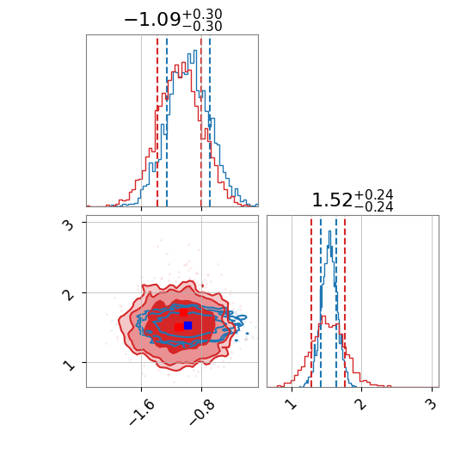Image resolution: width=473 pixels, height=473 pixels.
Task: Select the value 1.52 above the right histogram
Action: click(332, 200)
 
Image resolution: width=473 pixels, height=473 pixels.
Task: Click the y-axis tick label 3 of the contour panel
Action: click(70, 225)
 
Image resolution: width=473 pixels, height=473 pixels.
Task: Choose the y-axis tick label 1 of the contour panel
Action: click(70, 365)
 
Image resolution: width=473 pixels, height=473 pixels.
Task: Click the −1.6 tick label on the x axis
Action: click(142, 412)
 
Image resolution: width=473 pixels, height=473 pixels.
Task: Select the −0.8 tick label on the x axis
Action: click(202, 412)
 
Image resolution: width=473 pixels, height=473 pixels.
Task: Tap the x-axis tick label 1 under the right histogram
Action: click(292, 404)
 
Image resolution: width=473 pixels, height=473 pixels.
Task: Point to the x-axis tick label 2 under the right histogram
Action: click(362, 404)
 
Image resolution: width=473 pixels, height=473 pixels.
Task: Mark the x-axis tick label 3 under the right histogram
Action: click(432, 404)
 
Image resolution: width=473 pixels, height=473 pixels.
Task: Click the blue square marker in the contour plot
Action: click(188, 325)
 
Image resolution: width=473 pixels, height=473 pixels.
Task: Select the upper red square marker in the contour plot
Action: click(183, 312)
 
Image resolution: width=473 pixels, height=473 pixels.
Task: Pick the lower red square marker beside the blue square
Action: click(179, 327)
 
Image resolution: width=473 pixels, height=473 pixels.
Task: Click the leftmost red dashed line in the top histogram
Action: click(157, 122)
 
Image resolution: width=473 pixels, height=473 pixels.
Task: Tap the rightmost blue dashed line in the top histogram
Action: click(210, 122)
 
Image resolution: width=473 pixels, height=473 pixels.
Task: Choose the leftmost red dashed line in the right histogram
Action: click(311, 304)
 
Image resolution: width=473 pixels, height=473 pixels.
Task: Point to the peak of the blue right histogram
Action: click(330, 231)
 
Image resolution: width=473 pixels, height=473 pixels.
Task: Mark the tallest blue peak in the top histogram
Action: click(194, 51)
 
